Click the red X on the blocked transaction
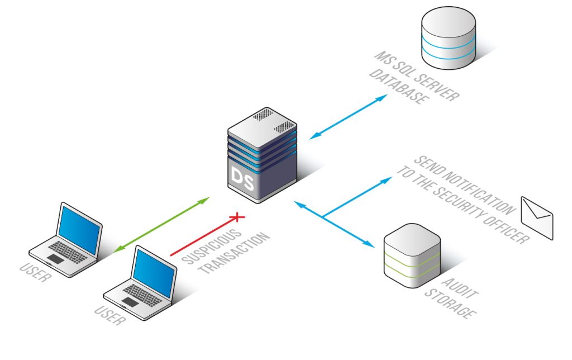pyautogui.click(x=238, y=216)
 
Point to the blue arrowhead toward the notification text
pyautogui.click(x=386, y=181)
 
